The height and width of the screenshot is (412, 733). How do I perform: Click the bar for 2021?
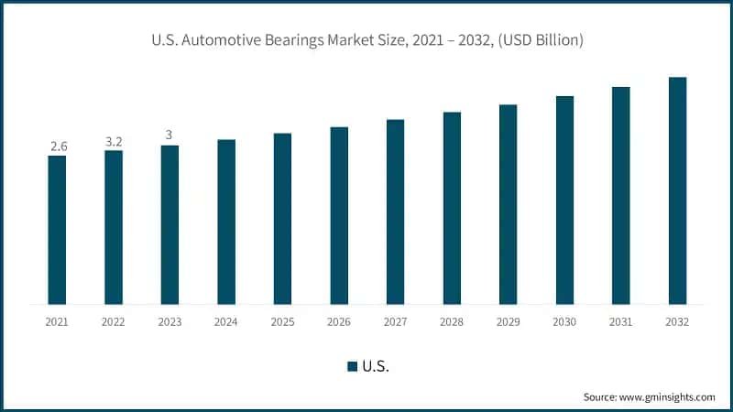coord(57,230)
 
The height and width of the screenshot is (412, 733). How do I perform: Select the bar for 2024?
coord(226,222)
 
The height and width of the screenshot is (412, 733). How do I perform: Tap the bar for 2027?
coord(395,211)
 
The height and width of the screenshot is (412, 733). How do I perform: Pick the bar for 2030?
coord(564,200)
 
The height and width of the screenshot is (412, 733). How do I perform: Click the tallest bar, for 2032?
coord(677,190)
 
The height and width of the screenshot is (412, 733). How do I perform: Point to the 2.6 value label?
coord(57,146)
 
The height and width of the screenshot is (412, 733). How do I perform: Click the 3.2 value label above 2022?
coord(114,141)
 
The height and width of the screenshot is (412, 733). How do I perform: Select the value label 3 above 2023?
coord(169,135)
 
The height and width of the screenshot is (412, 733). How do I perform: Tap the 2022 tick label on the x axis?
coord(114,322)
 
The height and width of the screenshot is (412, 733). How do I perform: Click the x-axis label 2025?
coord(282,322)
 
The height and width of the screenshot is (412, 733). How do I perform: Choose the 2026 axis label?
coord(339,322)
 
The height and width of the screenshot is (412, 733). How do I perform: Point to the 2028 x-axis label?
coord(452,322)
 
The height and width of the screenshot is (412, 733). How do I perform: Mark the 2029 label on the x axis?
coord(509,322)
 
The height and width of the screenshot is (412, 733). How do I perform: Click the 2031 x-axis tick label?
coord(621,322)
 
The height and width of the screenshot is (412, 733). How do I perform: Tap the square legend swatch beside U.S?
coord(352,366)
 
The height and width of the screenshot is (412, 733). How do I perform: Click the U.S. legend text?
coord(376,366)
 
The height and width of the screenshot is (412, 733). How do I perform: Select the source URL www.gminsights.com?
coord(667,397)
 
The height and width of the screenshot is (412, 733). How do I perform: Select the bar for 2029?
coord(509,204)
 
